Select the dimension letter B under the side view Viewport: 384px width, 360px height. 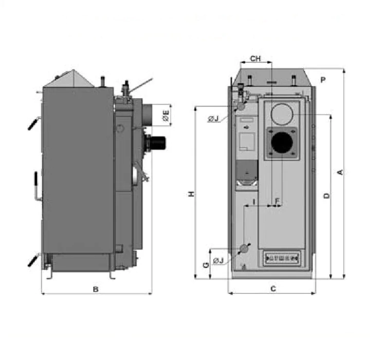coord(96,290)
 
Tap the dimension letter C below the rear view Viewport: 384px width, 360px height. coord(273,289)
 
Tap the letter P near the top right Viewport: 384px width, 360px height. coord(323,80)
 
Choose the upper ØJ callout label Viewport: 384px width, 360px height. coord(214,119)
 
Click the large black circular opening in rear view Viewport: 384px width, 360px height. coord(281,142)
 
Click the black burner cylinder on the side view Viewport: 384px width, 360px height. coord(157,140)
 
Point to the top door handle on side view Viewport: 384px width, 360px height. coord(33,124)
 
